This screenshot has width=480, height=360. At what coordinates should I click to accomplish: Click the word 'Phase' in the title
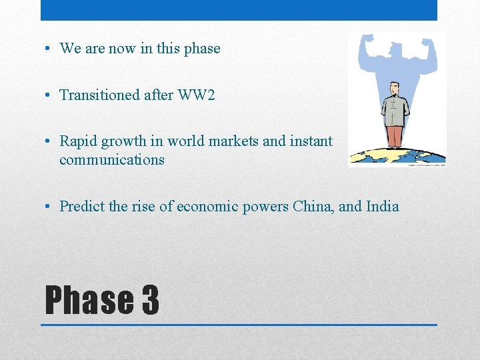point(88,300)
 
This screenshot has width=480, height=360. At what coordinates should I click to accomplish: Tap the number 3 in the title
point(150,300)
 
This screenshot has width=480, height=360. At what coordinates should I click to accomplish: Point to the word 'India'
point(383,206)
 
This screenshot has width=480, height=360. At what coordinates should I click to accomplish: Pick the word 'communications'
point(111,160)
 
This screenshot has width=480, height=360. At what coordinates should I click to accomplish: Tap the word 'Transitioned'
point(100,95)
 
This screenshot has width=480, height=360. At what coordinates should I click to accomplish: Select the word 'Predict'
point(82,206)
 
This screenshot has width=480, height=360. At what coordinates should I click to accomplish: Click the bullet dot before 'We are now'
point(50,49)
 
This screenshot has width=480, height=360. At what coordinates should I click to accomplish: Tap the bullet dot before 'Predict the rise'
point(50,207)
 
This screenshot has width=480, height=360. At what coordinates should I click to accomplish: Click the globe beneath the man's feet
point(397,157)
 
